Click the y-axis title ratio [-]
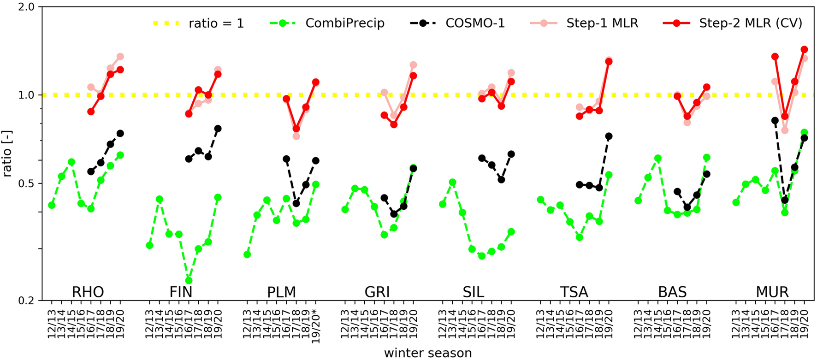click(x=8, y=153)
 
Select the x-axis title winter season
click(x=428, y=353)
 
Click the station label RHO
click(x=88, y=292)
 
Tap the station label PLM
click(x=281, y=292)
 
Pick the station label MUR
click(x=772, y=292)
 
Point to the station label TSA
click(x=574, y=292)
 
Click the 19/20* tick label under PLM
click(x=316, y=325)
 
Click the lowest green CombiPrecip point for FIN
click(x=189, y=280)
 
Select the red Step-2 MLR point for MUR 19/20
click(x=804, y=49)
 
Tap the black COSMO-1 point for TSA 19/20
click(x=609, y=136)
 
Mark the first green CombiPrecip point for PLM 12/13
click(x=247, y=254)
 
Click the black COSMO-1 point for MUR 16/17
click(x=775, y=120)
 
